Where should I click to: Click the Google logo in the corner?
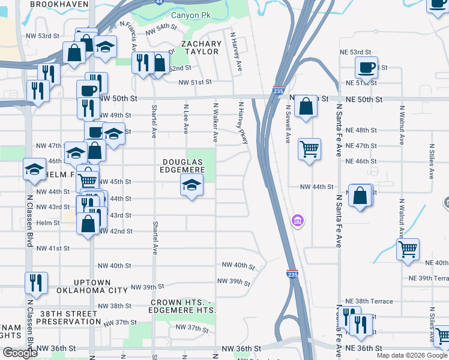tap(20, 353)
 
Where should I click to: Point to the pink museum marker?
tap(297, 222)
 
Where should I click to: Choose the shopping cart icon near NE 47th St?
tap(309, 148)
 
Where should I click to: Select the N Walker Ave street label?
tap(215, 122)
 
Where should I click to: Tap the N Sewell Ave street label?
tap(288, 124)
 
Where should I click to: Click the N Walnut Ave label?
tap(402, 127)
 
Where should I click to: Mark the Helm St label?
tap(49, 223)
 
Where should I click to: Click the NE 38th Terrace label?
tap(369, 301)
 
